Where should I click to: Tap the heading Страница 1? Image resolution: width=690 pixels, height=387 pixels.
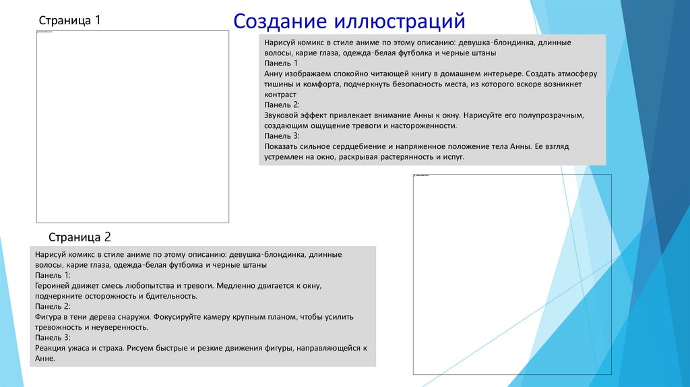(x=69, y=21)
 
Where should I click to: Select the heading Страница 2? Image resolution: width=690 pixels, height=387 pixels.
(x=80, y=237)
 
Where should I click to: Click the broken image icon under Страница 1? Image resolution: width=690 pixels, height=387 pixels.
(x=38, y=32)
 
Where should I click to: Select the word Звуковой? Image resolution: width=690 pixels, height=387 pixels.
(x=282, y=115)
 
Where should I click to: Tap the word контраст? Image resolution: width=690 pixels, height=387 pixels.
(x=280, y=94)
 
